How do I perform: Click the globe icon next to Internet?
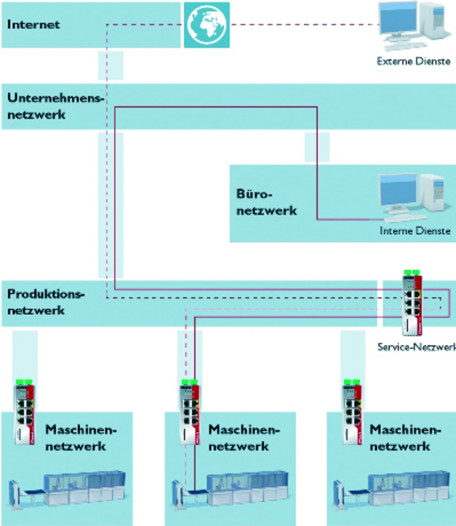point(207,25)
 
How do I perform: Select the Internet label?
point(33,25)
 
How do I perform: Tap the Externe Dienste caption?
point(414,61)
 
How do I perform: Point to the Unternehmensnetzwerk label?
point(56,106)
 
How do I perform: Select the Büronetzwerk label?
point(266,202)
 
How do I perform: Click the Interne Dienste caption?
point(415,231)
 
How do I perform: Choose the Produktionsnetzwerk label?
point(46,302)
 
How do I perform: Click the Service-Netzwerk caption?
point(417,347)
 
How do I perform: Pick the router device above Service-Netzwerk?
point(413,303)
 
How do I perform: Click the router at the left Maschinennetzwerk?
point(25,412)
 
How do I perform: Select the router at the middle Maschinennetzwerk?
point(190,412)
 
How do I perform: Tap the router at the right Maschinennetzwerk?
point(352,412)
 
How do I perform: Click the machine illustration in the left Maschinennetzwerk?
point(67,491)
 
